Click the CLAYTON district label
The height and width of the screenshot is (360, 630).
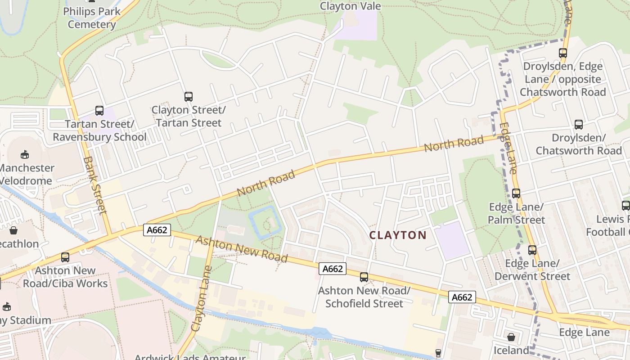point(398,235)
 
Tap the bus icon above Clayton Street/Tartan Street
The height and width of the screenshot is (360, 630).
point(189,97)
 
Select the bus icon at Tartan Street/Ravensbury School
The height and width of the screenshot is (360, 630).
point(99,111)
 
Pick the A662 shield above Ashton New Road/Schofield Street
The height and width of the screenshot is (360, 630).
point(333,269)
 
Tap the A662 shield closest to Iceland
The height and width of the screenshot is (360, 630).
point(462,297)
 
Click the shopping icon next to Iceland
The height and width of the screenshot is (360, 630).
point(511,337)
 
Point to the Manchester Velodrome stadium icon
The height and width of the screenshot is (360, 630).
point(25,155)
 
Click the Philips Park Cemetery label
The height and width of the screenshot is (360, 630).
point(92,18)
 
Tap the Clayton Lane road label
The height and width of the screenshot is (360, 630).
point(201,299)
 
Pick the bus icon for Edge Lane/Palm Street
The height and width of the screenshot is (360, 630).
point(516,193)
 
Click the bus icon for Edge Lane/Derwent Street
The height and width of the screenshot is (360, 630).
point(532,250)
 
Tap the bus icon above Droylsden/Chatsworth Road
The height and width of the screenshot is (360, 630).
point(579,125)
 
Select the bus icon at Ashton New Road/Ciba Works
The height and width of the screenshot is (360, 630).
point(65,257)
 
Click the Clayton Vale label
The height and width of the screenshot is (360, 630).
point(351,6)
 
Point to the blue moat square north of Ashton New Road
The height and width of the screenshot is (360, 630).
point(265,222)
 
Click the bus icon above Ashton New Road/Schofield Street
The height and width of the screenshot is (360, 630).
point(364,277)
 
